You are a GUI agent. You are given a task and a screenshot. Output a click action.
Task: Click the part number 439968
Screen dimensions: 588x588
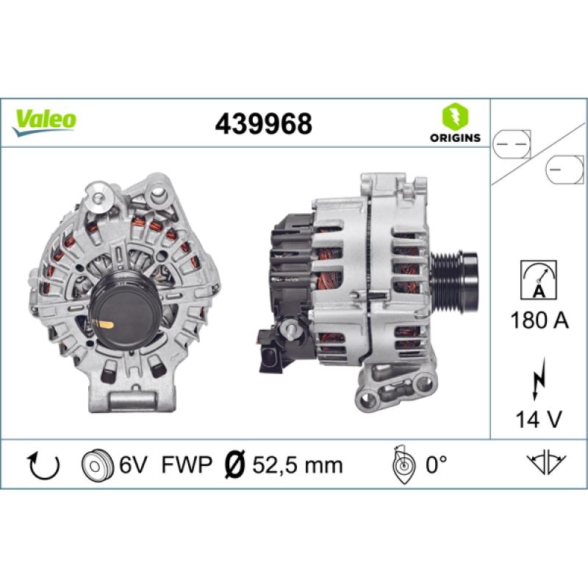pyautogui.click(x=263, y=123)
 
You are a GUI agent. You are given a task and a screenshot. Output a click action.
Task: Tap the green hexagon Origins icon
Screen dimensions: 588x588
pyautogui.click(x=455, y=116)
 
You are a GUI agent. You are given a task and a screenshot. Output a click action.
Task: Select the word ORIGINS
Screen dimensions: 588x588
pyautogui.click(x=455, y=137)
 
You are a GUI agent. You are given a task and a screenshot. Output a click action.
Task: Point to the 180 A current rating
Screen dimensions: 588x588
pyautogui.click(x=539, y=320)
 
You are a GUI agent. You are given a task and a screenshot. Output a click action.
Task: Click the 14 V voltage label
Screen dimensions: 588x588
pyautogui.click(x=539, y=419)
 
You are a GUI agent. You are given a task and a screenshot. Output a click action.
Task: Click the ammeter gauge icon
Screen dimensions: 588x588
pyautogui.click(x=539, y=280)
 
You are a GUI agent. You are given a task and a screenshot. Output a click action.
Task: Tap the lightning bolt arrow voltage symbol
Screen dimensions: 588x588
pyautogui.click(x=539, y=378)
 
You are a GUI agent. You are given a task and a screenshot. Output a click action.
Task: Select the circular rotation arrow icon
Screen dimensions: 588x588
pyautogui.click(x=44, y=466)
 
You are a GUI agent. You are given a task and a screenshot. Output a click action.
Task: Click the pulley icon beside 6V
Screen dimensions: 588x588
pyautogui.click(x=97, y=465)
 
